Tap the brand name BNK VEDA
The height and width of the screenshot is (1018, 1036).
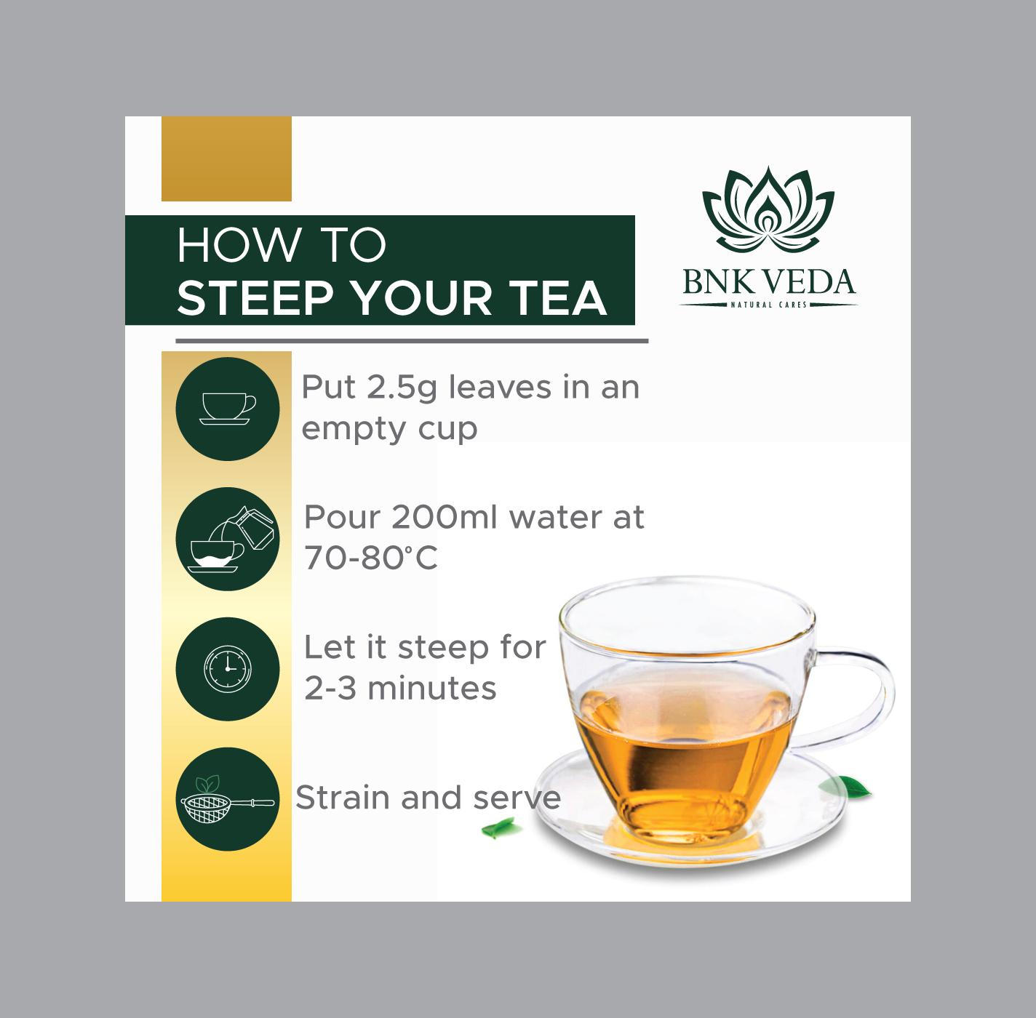[769, 282]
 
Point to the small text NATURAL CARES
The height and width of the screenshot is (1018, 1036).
[769, 305]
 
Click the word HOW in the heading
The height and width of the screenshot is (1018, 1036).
[239, 245]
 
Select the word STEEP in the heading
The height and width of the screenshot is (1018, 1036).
[253, 298]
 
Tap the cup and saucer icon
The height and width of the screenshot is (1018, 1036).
[228, 409]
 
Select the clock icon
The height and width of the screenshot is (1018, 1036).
[228, 669]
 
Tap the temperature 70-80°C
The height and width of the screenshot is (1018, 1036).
[371, 558]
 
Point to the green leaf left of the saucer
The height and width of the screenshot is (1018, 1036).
[500, 828]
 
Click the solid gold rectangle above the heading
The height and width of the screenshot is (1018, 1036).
[226, 159]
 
